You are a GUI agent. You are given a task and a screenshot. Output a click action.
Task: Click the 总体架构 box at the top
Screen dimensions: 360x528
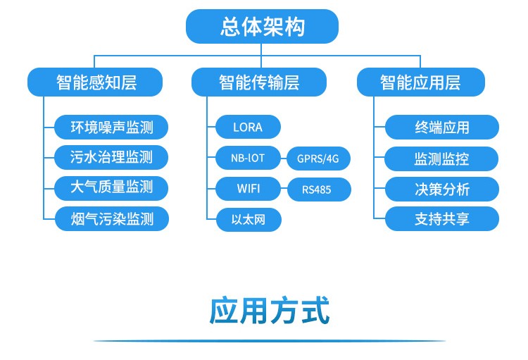pos(262,27)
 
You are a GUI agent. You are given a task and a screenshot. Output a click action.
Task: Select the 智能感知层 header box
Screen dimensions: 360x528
pos(95,82)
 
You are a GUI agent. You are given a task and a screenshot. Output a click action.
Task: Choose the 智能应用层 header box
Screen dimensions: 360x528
pos(420,82)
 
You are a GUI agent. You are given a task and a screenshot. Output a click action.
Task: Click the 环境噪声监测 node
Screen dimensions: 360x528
pos(112,128)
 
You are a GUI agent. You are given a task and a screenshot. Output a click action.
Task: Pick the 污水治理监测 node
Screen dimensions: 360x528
pos(112,158)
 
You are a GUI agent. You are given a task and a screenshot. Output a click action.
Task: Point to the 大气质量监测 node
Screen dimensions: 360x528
pos(112,188)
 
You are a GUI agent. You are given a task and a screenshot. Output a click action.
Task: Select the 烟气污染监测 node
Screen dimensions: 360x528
pos(112,219)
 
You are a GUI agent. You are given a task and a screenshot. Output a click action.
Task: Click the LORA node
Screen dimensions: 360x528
pos(248,128)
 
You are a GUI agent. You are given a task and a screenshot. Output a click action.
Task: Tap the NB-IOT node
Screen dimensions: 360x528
pos(248,158)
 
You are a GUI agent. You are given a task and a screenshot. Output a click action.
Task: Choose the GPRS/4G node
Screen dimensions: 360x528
pos(318,159)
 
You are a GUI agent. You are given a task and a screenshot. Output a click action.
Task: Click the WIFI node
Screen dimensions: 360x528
pos(248,189)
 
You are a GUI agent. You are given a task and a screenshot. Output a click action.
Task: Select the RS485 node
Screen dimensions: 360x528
pos(318,190)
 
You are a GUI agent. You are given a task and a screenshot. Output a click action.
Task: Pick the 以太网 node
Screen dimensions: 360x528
pos(248,219)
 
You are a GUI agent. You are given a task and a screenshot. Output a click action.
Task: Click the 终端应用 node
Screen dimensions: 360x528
pos(441,128)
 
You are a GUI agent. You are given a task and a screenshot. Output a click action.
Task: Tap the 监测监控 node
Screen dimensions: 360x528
pos(441,158)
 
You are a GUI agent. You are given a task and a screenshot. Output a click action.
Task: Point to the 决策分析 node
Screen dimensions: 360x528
pos(441,188)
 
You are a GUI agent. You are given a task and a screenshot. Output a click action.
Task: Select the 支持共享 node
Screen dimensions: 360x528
pos(441,219)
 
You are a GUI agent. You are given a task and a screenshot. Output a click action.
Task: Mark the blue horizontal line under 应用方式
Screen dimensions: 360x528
pos(270,342)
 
